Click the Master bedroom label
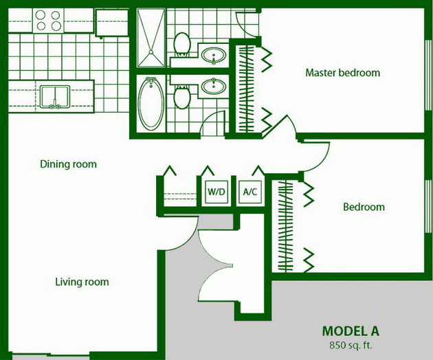343,73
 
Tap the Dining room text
69,164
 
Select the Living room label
82,282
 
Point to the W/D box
216,192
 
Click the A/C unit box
250,192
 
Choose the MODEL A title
351,331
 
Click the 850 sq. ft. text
351,345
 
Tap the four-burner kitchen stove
48,21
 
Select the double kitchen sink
55,97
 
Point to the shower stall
151,38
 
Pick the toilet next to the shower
182,44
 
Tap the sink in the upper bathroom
213,55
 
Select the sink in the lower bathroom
213,86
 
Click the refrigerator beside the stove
111,22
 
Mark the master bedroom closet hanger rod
246,89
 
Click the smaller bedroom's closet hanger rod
285,225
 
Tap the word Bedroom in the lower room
364,207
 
